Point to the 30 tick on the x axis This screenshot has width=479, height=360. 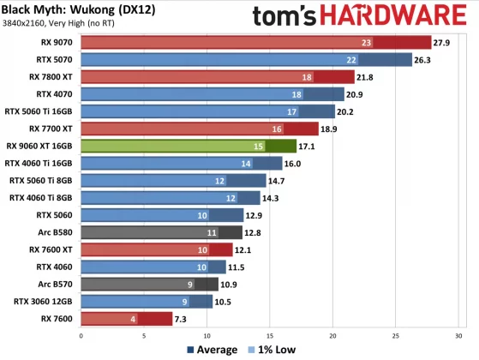click(458, 336)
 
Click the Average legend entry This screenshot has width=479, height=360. click(210, 350)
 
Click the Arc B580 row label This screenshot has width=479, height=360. click(56, 232)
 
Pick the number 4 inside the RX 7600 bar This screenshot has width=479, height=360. click(133, 319)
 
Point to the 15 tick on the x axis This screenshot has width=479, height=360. click(269, 336)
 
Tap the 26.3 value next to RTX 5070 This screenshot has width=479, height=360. click(423, 59)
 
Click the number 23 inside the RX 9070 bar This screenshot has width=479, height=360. click(366, 42)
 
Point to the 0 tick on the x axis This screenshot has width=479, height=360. click(81, 336)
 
